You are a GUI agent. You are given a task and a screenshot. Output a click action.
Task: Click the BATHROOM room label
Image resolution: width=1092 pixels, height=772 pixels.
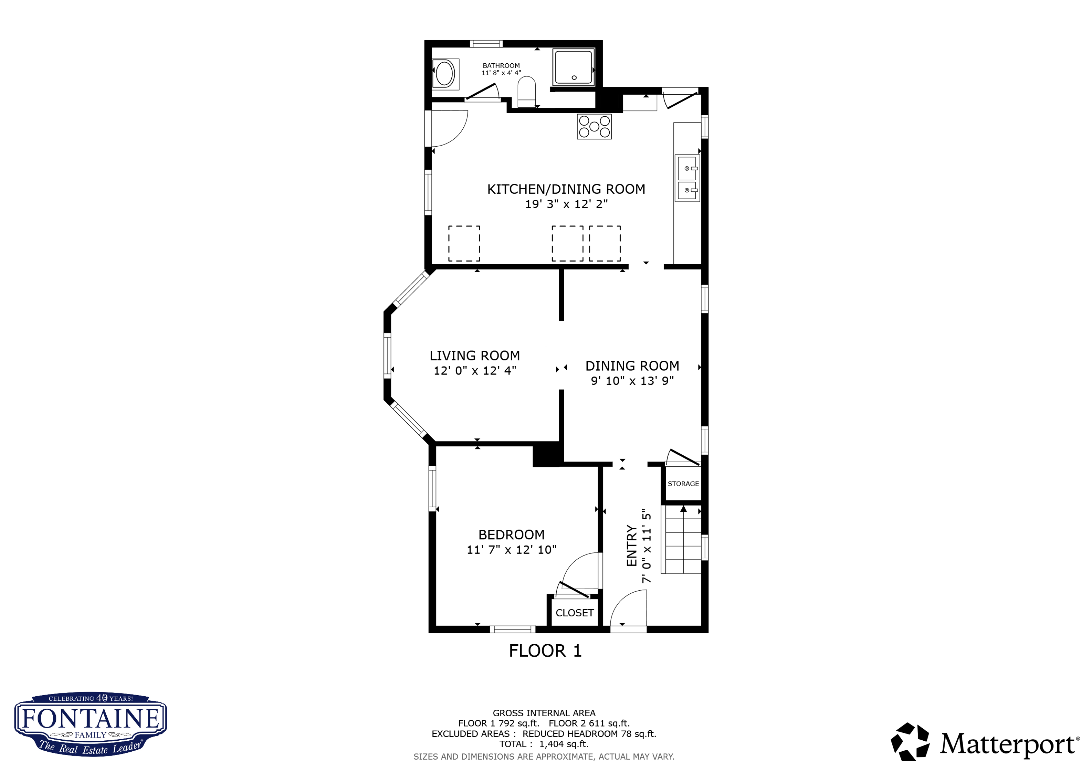501,66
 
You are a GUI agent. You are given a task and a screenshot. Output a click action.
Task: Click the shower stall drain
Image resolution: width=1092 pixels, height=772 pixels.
574,78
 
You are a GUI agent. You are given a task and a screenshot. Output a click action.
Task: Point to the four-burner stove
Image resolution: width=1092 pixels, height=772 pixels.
594,127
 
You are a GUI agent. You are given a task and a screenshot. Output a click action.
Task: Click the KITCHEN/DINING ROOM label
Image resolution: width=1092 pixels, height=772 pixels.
566,189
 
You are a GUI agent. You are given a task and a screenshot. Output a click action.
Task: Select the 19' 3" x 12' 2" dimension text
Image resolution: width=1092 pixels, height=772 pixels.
566,204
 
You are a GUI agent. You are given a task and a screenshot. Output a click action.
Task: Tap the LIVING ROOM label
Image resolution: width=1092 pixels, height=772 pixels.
475,356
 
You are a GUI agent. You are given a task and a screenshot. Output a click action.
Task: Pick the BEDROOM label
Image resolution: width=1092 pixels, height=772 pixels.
511,535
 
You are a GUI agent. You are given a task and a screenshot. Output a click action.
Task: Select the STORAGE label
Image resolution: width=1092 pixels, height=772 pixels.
683,484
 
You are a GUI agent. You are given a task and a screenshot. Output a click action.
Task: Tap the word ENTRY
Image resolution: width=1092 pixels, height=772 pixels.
632,546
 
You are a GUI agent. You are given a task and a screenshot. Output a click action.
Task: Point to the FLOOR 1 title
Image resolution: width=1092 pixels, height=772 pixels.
545,651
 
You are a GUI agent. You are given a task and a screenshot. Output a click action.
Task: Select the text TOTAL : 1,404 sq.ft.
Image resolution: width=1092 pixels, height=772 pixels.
543,744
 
